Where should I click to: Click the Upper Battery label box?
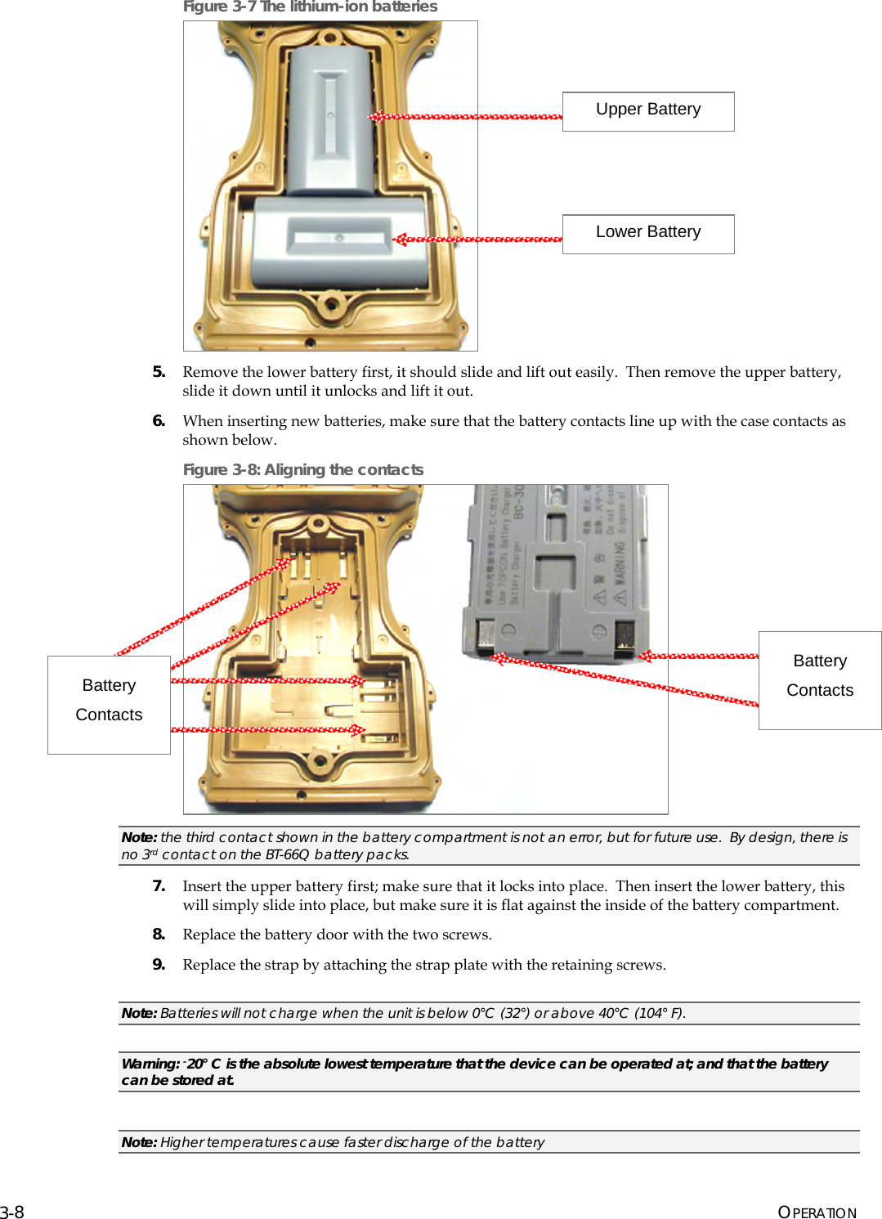(648, 111)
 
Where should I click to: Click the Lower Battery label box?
(648, 234)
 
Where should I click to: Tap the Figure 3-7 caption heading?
(310, 7)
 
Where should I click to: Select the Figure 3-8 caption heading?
(303, 469)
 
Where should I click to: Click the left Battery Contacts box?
(109, 704)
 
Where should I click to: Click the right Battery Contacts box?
(819, 679)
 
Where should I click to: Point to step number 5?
(159, 372)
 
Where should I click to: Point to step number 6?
(159, 421)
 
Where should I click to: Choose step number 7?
(159, 886)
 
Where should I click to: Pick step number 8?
(159, 934)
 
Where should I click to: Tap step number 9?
(159, 965)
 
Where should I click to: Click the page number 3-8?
(12, 1212)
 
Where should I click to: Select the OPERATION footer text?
(817, 1212)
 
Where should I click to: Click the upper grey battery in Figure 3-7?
(331, 119)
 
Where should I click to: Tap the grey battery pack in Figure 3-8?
(556, 572)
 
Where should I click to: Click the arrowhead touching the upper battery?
(376, 117)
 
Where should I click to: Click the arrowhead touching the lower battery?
(400, 240)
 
